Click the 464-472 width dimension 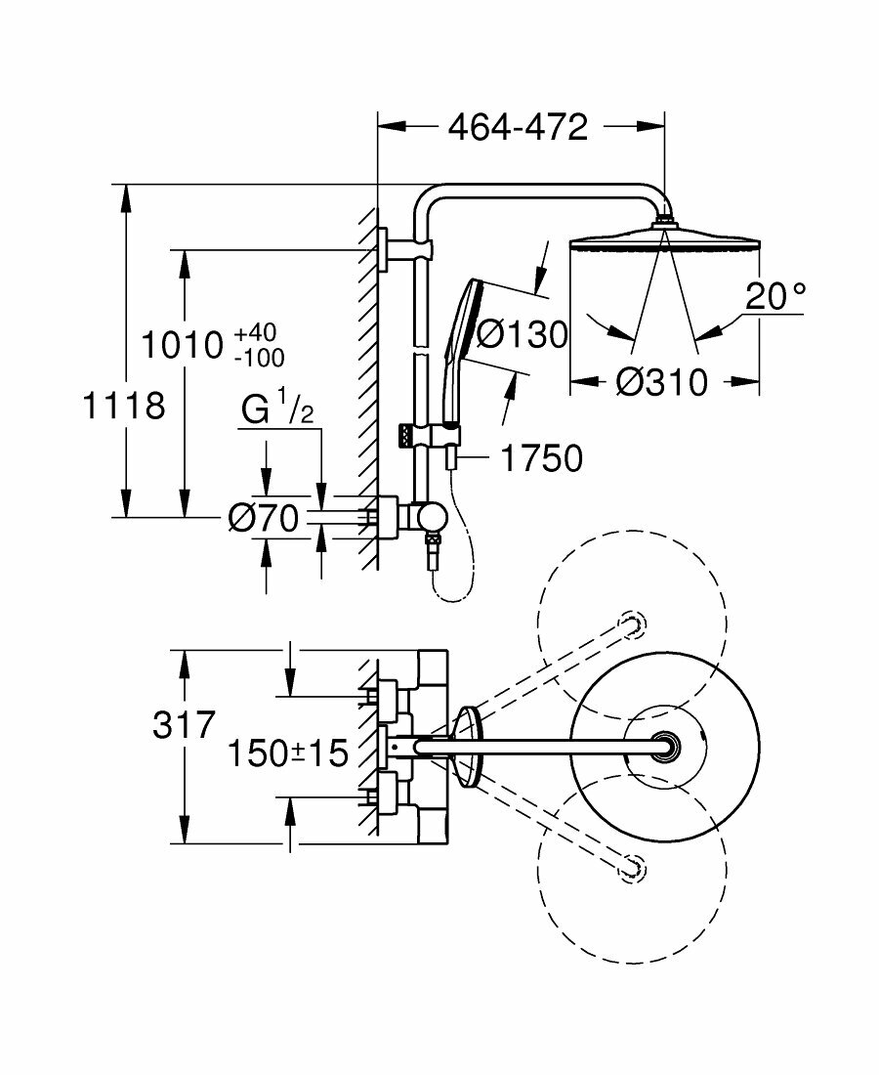coord(518,128)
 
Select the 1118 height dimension coord(123,404)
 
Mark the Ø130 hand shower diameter coord(523,335)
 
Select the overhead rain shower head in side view coord(664,240)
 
